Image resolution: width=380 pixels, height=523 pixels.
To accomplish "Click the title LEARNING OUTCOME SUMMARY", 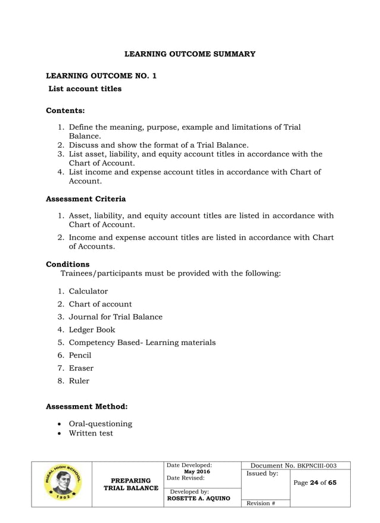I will (x=189, y=54).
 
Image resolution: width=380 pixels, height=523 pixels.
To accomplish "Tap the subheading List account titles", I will (x=85, y=89).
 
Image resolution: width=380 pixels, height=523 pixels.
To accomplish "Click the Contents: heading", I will (x=65, y=110).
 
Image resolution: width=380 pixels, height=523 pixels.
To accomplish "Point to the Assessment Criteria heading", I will (x=85, y=199).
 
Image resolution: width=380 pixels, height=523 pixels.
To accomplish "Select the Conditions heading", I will (x=67, y=264).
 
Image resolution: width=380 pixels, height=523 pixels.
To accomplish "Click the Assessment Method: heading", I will (x=86, y=407).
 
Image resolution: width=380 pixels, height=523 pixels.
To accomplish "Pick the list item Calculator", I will (x=88, y=291).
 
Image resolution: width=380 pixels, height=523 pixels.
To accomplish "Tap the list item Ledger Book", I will (x=92, y=330).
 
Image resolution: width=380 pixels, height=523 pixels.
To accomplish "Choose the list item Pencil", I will (x=80, y=355).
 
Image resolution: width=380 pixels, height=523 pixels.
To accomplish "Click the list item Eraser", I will (x=81, y=368).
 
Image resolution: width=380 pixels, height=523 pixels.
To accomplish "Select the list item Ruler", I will (x=79, y=381).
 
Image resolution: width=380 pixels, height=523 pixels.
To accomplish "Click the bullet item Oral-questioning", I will (x=100, y=424).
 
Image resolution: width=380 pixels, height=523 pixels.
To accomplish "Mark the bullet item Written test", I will (x=91, y=433).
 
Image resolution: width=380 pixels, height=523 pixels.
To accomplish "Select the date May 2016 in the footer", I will (x=197, y=472).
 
